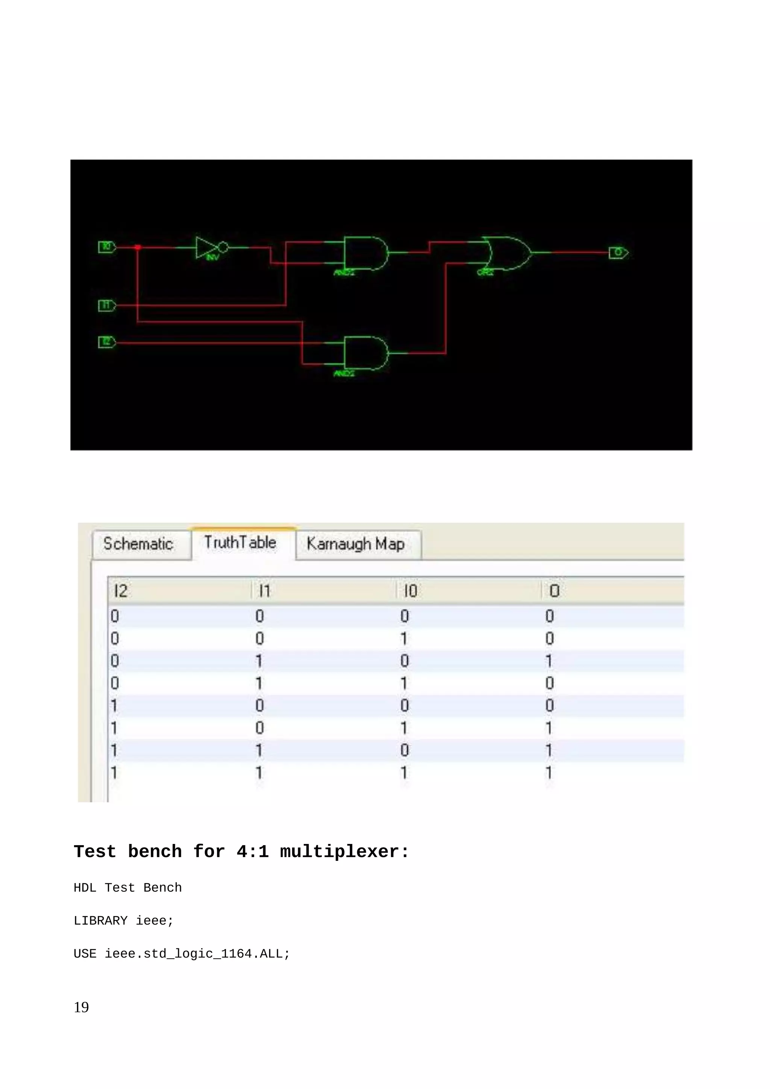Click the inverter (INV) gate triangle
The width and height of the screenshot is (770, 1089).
pos(206,247)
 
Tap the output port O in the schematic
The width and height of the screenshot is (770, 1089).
pos(618,253)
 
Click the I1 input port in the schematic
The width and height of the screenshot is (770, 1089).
pos(107,306)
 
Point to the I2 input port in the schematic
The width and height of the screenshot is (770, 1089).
pos(107,342)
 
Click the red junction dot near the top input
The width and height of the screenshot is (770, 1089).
pos(138,247)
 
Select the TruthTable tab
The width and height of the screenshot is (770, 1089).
pos(240,542)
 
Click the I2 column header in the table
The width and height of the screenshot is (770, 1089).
pos(121,591)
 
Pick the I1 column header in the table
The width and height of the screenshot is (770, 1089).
pos(265,591)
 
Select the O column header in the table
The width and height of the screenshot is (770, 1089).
pos(555,591)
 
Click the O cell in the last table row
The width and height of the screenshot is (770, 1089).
pos(549,773)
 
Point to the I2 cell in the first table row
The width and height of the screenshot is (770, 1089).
pos(115,616)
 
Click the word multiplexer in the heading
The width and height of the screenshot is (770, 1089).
pos(344,852)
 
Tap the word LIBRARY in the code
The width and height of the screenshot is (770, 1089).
pos(100,921)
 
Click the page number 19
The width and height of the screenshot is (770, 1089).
pos(81,1007)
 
